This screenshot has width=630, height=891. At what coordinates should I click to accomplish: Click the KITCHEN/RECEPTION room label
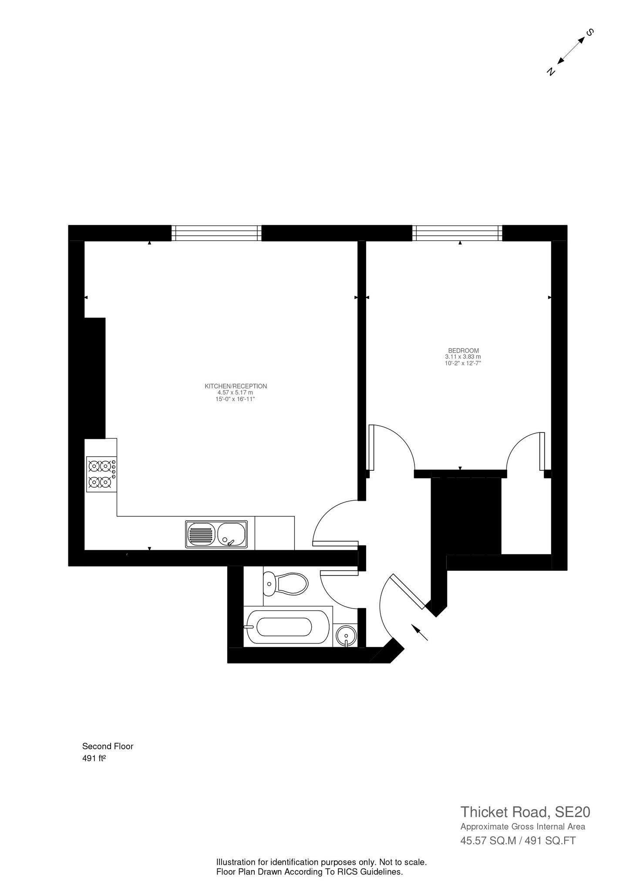pos(236,386)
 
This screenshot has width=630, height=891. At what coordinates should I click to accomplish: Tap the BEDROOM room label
pos(463,350)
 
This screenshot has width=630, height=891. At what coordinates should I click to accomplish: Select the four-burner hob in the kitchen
pos(101,474)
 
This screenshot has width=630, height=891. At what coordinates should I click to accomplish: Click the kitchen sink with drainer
pos(216,534)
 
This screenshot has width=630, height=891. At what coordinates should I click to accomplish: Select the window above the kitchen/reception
pos(216,233)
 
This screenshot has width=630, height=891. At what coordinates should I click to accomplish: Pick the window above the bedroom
pos(457,233)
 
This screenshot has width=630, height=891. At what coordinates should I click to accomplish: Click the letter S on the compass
pos(590,32)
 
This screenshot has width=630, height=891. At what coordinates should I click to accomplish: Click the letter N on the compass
pos(551,71)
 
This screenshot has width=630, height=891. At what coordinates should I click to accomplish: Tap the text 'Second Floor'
pos(108,746)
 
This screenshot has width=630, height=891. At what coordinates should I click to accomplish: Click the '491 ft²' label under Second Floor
pos(94,758)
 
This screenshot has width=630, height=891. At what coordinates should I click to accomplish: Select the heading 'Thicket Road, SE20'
pos(525,812)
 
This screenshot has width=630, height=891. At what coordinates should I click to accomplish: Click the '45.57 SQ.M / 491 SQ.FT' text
pos(518,841)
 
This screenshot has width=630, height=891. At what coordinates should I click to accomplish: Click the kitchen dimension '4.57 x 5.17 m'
pos(235,392)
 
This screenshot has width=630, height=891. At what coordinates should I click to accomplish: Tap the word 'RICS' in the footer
pos(328,872)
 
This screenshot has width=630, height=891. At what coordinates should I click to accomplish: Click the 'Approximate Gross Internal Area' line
pos(522,827)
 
